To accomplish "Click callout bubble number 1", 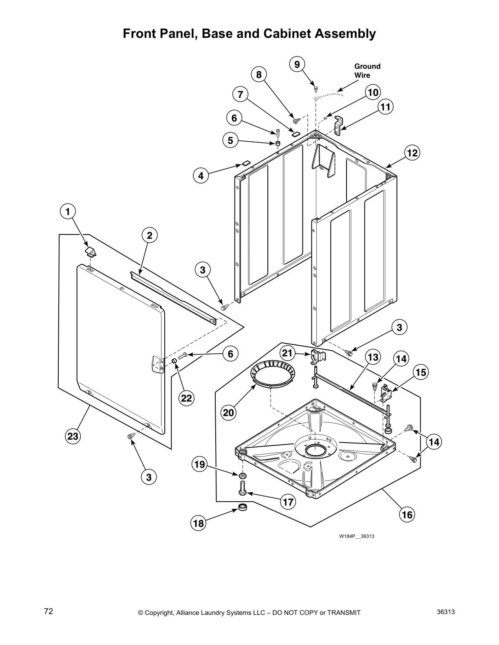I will point(68,211).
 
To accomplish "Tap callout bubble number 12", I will point(412,153).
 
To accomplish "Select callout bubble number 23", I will point(73,437).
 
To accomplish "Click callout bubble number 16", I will point(407,515).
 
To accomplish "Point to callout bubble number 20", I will point(228,413).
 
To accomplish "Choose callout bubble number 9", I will point(297,64).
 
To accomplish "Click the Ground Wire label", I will point(367,71).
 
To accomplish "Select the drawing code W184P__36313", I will point(357,536).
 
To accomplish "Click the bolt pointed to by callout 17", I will point(242,487).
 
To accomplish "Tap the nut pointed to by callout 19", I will point(242,475).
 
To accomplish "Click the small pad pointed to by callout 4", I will point(245,163).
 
